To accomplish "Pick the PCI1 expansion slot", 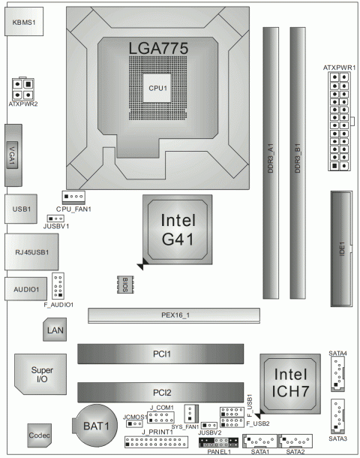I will coord(160,354).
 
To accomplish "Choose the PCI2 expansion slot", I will coord(160,391).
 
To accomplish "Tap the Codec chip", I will coord(39,436).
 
